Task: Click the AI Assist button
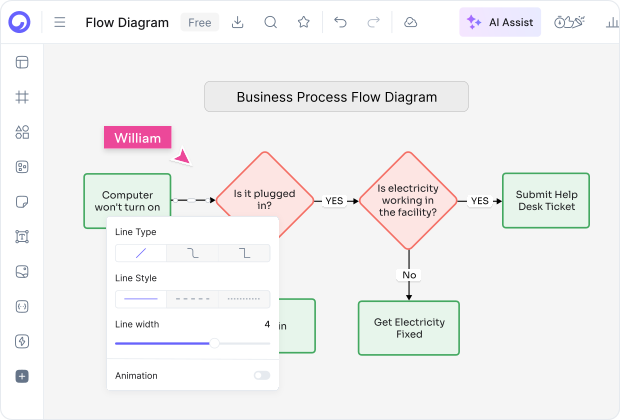tap(500, 22)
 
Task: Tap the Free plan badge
tap(199, 22)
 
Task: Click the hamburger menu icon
tap(60, 22)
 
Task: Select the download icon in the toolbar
tap(237, 22)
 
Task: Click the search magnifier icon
tap(270, 22)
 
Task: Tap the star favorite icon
tap(304, 22)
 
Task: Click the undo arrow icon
tap(340, 22)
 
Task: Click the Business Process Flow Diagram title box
tap(336, 97)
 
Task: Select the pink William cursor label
tap(137, 138)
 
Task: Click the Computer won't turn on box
tap(127, 200)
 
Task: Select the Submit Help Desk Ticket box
tap(545, 200)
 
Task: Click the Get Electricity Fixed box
tap(409, 328)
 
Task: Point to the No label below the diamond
tap(409, 274)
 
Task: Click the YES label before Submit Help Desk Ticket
tap(480, 200)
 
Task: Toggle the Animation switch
tap(261, 375)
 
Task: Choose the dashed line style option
tap(193, 299)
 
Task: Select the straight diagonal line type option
tap(141, 253)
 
